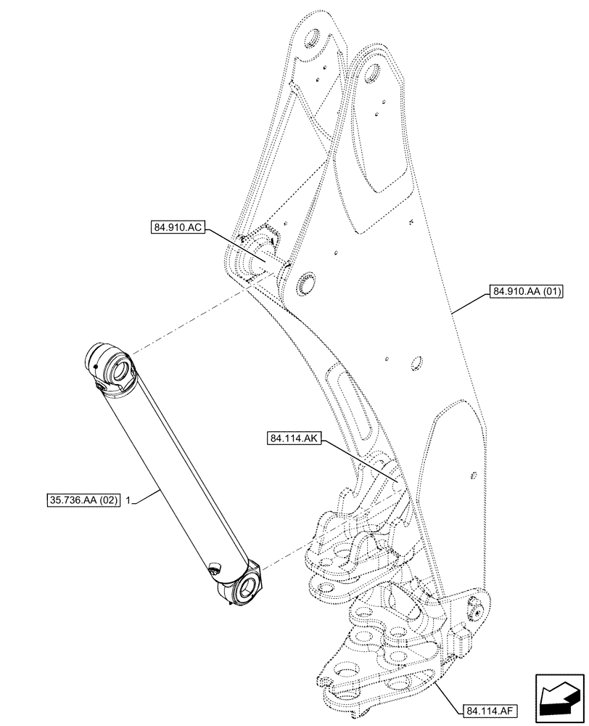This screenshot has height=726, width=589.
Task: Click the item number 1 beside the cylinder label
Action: pos(128,500)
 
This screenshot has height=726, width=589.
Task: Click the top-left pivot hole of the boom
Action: pos(313,40)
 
